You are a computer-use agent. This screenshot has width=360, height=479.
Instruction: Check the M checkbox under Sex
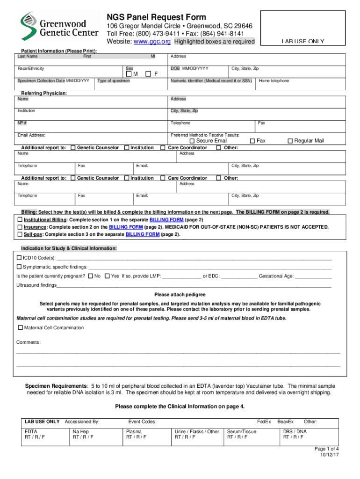coord(130,74)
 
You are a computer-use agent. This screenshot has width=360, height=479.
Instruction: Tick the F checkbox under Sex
coord(148,74)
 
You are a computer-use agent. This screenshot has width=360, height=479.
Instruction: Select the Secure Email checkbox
coord(192,141)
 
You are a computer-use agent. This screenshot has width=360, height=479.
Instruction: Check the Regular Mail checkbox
coord(290,141)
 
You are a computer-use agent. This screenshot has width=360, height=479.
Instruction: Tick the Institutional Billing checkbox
coord(20,220)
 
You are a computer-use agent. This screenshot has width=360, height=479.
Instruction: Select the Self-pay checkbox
coord(20,234)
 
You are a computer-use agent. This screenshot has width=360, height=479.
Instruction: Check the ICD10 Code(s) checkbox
coord(19,258)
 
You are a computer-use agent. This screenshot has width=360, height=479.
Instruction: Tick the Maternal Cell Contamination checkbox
coord(20,327)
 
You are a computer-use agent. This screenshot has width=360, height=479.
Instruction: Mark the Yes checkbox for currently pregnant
coord(107,276)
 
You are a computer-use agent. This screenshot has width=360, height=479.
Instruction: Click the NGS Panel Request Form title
coord(156,17)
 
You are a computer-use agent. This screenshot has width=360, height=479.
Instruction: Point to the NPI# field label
coord(22,123)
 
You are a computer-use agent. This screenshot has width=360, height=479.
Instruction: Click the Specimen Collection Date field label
coord(53,81)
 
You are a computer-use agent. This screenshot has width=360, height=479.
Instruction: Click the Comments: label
coord(29,342)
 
